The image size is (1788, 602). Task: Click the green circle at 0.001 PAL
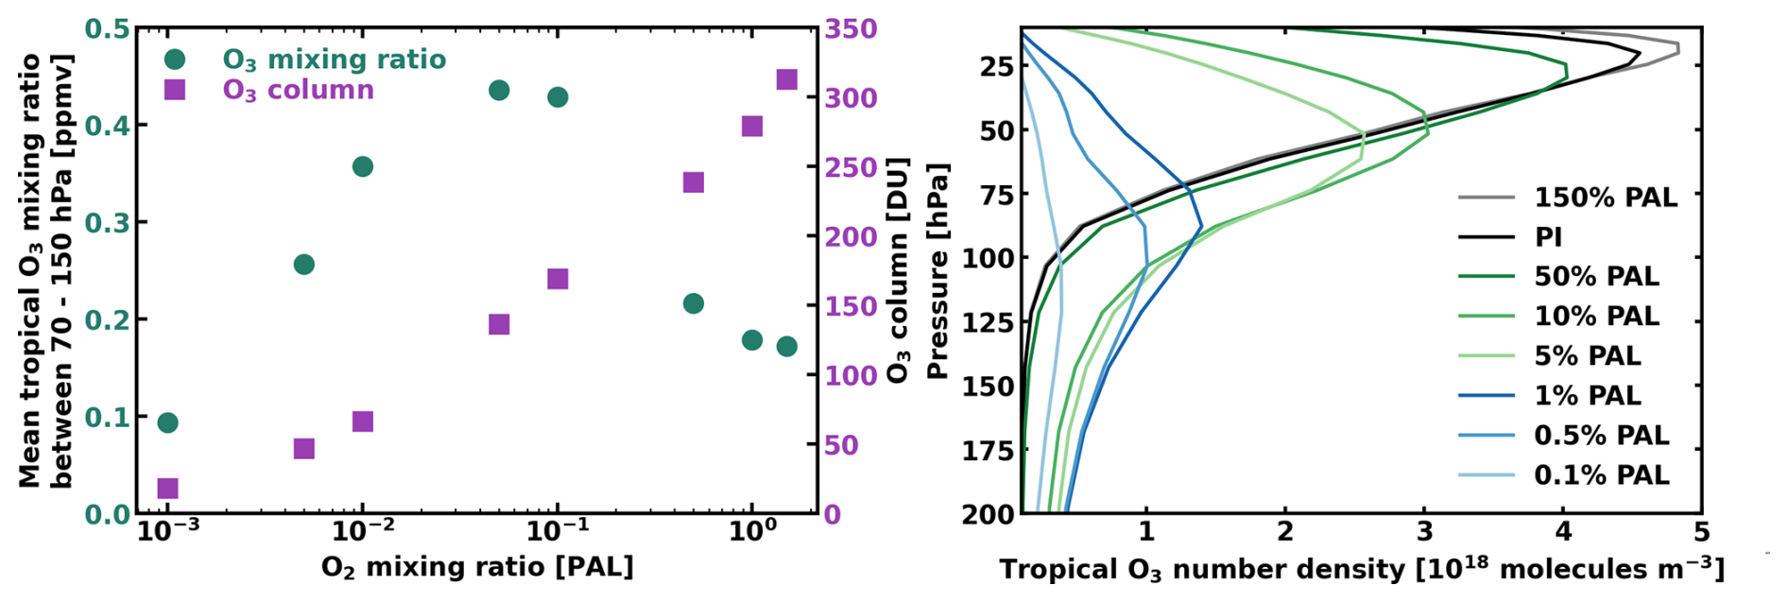pos(167,422)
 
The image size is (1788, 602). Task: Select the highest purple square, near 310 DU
pos(786,79)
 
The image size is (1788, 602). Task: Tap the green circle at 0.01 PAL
pos(362,167)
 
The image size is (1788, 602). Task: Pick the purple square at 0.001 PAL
pos(167,489)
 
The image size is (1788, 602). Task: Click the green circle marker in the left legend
pos(175,60)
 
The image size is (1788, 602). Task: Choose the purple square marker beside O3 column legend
pos(175,90)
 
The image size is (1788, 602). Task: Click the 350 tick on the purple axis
pos(851,28)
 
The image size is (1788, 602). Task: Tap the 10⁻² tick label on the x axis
pos(362,536)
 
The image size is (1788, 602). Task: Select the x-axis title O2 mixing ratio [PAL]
pos(476,568)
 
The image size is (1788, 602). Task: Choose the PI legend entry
pos(1549,237)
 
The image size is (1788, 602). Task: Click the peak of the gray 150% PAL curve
pos(1678,47)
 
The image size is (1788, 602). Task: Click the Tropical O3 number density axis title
pos(1362,570)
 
